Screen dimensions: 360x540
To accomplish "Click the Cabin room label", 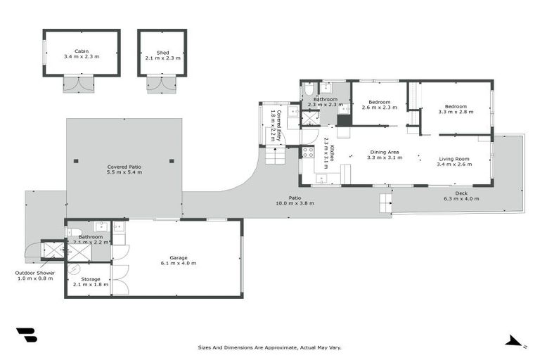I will [81, 51].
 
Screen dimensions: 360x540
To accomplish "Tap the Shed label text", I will [162, 51].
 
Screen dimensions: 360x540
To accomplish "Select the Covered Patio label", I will [124, 167].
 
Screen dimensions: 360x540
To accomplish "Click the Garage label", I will [177, 258].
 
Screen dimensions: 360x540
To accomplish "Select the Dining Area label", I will [385, 153].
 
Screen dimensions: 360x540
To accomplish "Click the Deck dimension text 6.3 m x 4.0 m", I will [461, 199].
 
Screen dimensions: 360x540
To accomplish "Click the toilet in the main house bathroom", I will [309, 89].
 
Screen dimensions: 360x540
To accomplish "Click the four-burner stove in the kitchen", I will [307, 151].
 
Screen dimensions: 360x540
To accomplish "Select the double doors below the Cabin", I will [77, 85].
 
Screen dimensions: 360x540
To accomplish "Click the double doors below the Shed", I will [160, 85].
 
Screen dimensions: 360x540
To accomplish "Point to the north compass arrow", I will [515, 342].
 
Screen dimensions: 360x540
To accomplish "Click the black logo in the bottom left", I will [26, 335].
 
